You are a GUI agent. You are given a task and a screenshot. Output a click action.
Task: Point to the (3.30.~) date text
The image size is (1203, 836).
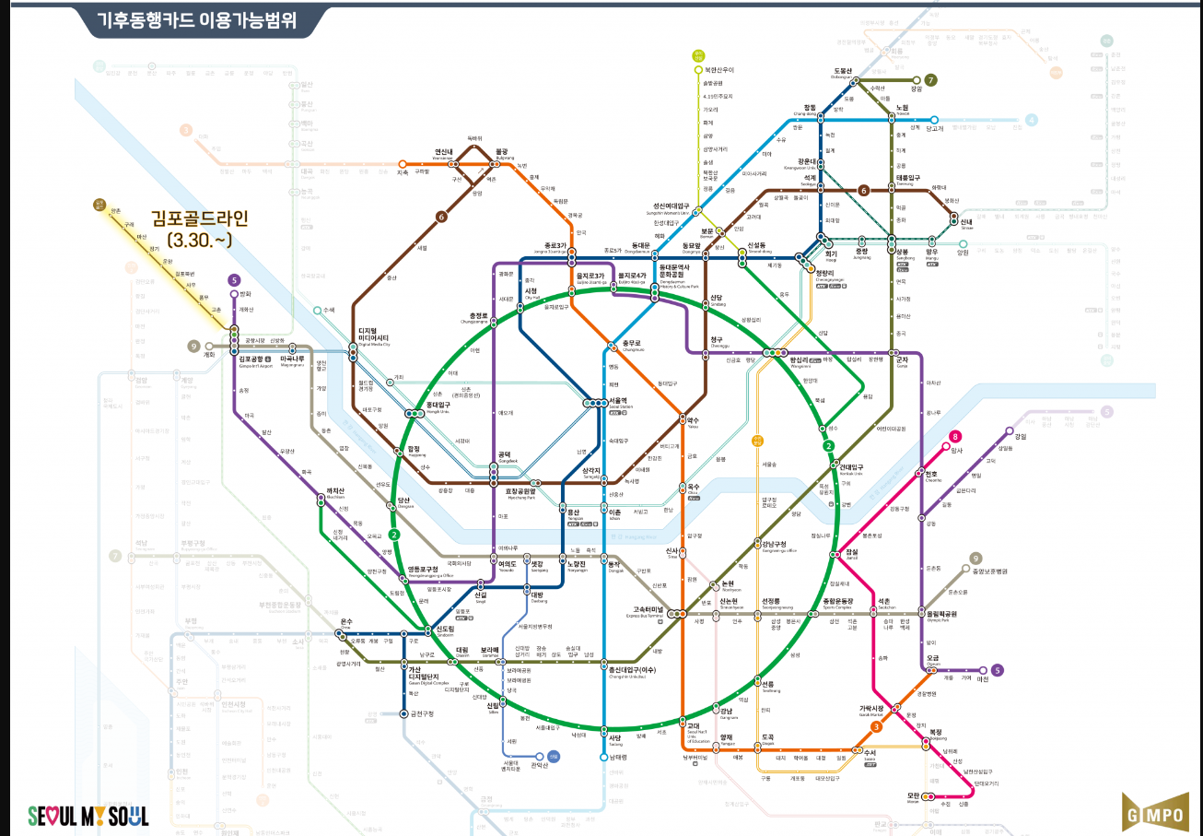(199, 240)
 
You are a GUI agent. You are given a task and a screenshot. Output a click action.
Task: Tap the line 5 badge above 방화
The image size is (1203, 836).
(235, 281)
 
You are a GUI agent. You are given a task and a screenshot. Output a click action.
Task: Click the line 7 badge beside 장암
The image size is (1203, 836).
(931, 80)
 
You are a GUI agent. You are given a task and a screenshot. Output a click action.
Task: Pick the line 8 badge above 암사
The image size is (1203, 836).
(956, 437)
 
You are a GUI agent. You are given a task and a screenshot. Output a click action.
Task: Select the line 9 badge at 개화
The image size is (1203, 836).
(193, 346)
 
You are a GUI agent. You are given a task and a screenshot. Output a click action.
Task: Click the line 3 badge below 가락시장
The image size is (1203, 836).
(877, 727)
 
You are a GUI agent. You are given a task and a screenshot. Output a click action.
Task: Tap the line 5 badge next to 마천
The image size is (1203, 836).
(997, 670)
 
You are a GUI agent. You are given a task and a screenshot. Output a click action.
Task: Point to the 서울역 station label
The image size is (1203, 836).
(618, 402)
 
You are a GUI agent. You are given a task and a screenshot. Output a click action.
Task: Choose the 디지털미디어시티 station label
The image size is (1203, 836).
(374, 337)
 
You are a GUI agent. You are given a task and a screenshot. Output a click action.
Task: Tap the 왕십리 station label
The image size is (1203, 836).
(795, 361)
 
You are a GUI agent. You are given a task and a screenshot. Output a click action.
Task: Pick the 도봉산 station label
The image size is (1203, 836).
(844, 71)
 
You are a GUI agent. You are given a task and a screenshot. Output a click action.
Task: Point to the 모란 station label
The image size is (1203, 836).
(914, 795)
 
